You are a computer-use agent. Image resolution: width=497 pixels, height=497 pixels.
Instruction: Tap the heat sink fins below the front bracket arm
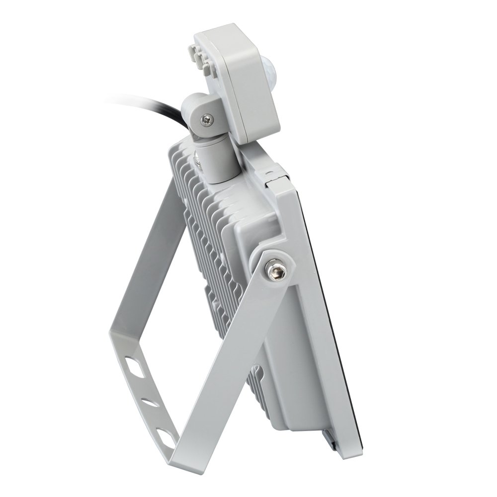(258, 393)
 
